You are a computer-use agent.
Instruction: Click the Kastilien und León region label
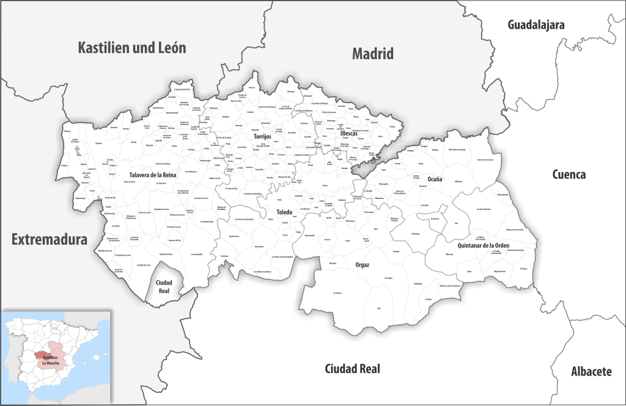tap(132, 48)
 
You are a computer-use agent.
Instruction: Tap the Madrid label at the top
tap(372, 54)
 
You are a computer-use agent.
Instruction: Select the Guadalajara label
tap(536, 24)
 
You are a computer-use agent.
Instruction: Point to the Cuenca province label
tap(569, 175)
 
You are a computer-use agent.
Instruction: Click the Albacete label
tap(591, 371)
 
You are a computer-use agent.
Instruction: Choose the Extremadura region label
tap(50, 240)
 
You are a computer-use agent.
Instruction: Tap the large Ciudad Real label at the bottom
tap(352, 369)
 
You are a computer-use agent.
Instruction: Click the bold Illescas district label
tap(349, 133)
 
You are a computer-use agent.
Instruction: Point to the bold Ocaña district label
tap(435, 179)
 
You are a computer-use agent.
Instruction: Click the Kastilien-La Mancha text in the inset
tap(46, 360)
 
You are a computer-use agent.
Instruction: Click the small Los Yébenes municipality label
tap(338, 293)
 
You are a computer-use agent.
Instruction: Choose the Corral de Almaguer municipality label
tap(484, 209)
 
